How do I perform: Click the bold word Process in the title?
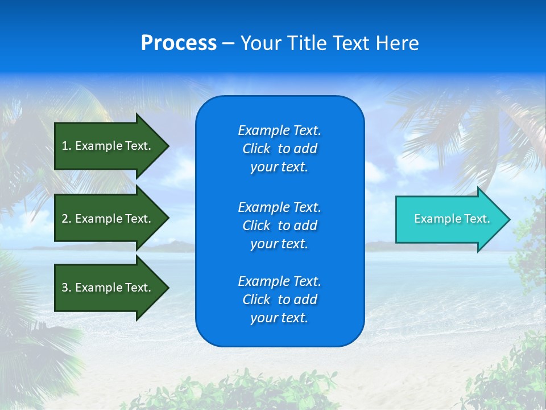(x=179, y=43)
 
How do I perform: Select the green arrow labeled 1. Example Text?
(x=108, y=146)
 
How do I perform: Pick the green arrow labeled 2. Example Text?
(x=108, y=219)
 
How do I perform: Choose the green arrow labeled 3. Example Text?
(x=108, y=288)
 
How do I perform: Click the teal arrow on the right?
(x=449, y=219)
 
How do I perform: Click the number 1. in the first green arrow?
(x=67, y=146)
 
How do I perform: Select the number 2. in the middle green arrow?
(x=67, y=219)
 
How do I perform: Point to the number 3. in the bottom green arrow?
(x=67, y=288)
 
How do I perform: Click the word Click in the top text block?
(x=257, y=149)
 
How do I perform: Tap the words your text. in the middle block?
(x=279, y=244)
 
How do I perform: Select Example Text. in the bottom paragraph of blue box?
(x=279, y=281)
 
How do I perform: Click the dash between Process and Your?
(x=228, y=43)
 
